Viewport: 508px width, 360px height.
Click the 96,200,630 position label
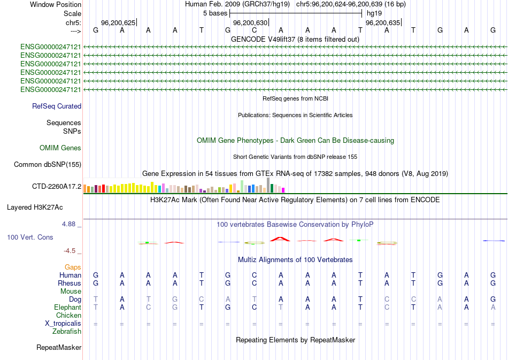[250, 23]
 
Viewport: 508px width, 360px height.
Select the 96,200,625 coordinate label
[118, 23]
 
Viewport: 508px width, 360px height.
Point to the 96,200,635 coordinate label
[382, 23]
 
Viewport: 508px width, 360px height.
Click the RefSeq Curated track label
[57, 106]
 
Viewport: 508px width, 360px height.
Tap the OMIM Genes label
[60, 148]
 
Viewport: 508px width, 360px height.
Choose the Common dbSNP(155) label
[47, 165]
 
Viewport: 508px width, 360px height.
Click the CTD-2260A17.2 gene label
[57, 187]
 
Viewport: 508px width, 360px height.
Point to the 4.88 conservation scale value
[70, 224]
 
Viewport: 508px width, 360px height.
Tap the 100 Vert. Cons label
[30, 237]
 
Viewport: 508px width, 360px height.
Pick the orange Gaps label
[73, 267]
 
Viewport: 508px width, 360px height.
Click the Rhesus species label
[70, 283]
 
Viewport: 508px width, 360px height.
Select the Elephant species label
[67, 308]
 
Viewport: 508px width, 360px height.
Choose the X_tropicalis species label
[63, 324]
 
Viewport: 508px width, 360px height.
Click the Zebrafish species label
[67, 332]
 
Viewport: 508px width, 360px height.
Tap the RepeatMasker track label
[59, 348]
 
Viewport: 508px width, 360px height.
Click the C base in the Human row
[255, 275]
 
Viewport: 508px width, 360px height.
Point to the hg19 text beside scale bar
[374, 13]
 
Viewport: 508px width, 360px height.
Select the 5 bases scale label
[214, 13]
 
